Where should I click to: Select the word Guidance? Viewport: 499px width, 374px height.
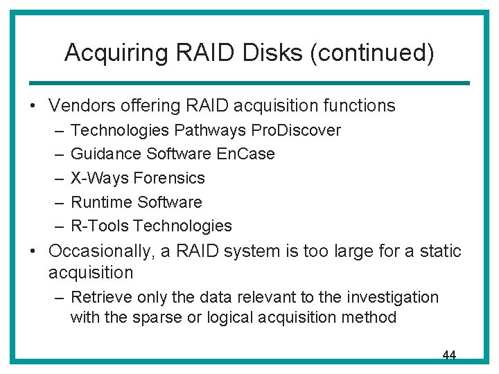[105, 154]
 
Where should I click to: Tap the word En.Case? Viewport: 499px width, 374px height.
[247, 154]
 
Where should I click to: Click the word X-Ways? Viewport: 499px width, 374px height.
[100, 178]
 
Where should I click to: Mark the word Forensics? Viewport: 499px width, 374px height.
[169, 178]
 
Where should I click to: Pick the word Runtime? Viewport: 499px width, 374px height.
[102, 202]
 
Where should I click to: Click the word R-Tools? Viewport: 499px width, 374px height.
[100, 226]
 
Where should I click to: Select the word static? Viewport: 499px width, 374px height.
[440, 251]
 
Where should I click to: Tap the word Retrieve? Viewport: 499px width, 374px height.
[99, 297]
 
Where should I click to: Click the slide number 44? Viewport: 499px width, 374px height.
[449, 355]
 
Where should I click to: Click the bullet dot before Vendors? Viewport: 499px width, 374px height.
[33, 106]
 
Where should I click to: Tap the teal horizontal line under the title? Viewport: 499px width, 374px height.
[249, 83]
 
